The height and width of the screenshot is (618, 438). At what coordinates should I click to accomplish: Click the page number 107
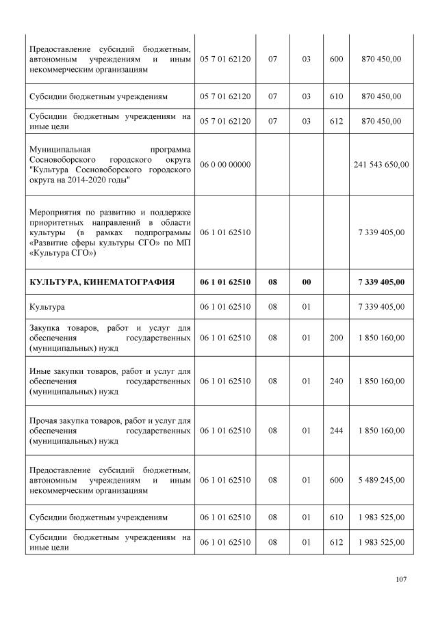click(401, 579)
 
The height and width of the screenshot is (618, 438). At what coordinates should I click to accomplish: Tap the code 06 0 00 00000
click(225, 164)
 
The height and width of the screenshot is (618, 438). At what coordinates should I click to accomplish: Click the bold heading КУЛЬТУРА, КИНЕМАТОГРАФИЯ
click(101, 282)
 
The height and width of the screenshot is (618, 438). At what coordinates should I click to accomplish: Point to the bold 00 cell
click(307, 282)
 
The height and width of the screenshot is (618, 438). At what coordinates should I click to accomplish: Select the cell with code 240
click(336, 381)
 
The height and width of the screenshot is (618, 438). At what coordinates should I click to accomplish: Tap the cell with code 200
click(336, 337)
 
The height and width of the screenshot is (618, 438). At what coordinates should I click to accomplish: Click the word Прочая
click(43, 419)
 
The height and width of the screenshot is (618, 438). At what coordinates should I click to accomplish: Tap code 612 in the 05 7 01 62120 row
click(336, 121)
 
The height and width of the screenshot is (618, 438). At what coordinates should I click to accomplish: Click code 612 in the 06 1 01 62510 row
click(336, 542)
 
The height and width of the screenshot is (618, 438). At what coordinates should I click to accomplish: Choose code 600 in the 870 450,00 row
click(336, 59)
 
